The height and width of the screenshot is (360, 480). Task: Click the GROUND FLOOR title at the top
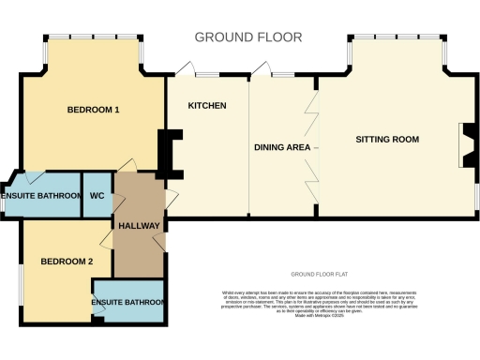click(248, 37)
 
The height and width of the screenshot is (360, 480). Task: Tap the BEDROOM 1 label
click(93, 111)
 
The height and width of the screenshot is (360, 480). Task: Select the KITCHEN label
click(207, 106)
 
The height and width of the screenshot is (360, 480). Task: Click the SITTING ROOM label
click(386, 140)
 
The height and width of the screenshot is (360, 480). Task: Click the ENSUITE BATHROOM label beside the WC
click(41, 196)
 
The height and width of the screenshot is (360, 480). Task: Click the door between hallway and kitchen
click(169, 197)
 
